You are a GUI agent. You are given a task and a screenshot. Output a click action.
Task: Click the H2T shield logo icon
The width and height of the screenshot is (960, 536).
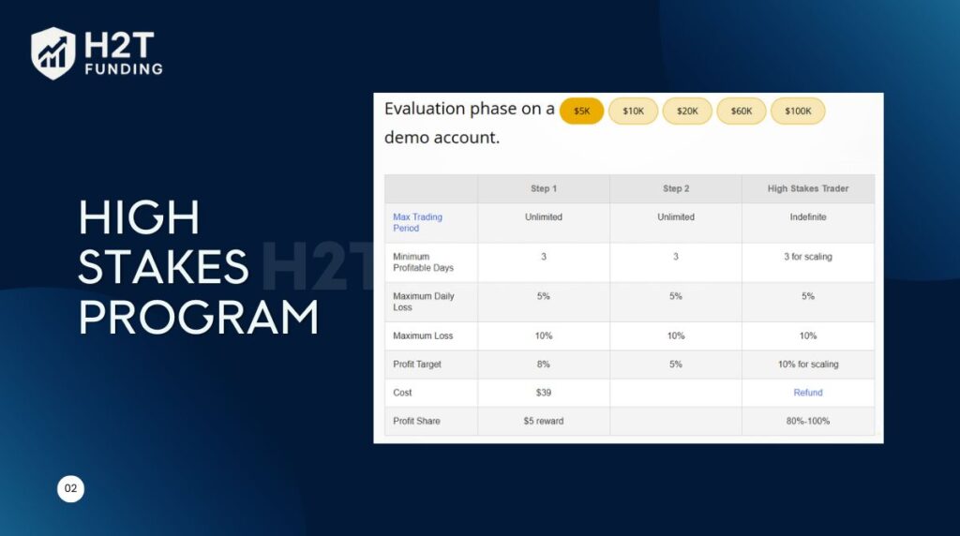click(53, 53)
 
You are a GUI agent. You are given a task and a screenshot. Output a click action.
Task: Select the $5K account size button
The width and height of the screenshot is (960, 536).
click(581, 111)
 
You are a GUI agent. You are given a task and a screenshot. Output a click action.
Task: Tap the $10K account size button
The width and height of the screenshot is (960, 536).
click(633, 111)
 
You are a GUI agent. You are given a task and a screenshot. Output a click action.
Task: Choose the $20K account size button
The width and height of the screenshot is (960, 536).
click(687, 111)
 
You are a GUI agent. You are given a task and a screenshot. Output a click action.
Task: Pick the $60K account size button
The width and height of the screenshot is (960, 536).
click(741, 111)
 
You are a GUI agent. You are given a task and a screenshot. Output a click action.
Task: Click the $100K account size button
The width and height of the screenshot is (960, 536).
click(798, 111)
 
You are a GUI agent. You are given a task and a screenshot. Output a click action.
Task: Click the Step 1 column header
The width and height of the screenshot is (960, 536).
click(544, 188)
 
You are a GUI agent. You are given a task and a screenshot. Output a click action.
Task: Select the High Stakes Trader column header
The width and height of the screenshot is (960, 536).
click(808, 188)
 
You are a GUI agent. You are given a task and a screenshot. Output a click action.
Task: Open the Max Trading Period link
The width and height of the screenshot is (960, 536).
click(417, 223)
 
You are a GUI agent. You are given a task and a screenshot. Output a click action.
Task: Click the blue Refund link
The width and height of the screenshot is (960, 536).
click(808, 393)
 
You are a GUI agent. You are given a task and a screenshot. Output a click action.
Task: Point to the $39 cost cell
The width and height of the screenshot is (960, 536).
click(544, 393)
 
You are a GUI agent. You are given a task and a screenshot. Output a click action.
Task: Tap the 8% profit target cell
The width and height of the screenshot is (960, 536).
click(544, 365)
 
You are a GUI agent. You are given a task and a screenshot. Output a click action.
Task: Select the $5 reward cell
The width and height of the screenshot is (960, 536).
click(544, 421)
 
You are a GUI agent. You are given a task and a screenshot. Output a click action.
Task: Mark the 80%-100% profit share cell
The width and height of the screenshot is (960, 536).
click(808, 421)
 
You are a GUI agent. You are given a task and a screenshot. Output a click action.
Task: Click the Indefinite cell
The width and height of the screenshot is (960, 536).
click(808, 217)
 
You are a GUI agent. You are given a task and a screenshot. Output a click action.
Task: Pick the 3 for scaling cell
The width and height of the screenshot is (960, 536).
click(808, 257)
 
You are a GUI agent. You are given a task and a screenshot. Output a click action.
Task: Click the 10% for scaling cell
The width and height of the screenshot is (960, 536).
click(808, 365)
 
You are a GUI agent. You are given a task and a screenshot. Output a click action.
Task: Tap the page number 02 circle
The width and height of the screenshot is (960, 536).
click(71, 488)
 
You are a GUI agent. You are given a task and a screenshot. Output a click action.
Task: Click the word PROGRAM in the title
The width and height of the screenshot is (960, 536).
click(199, 317)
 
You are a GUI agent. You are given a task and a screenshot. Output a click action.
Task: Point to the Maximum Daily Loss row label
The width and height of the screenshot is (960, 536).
click(424, 302)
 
